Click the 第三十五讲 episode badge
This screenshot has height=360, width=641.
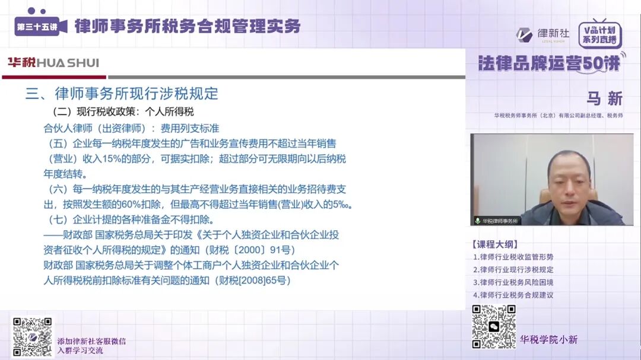click(37, 27)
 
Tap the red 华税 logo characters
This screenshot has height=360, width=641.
click(21, 63)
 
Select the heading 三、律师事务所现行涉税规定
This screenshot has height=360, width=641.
click(122, 94)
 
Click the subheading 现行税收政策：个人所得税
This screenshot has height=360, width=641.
click(123, 111)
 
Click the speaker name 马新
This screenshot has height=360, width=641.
click(604, 98)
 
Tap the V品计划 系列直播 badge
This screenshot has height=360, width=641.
click(599, 35)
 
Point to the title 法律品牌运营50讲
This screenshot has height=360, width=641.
click(549, 63)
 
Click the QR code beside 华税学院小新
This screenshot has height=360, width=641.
click(493, 327)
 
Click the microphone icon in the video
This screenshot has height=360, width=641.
click(477, 221)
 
